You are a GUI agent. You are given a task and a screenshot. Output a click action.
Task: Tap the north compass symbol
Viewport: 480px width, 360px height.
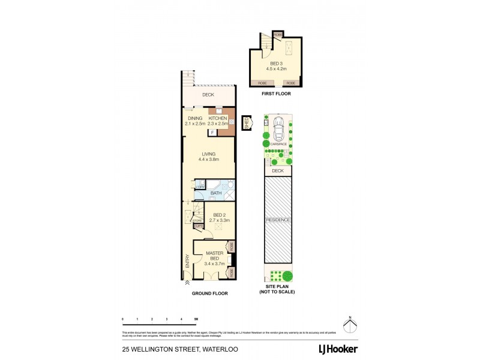pos(351,325)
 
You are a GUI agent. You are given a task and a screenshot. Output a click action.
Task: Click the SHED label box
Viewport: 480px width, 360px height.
pos(247,123)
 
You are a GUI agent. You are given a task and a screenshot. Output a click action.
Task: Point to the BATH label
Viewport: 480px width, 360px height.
pos(216,193)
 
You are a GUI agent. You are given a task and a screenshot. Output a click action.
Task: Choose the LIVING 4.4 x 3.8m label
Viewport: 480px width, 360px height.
pos(209,157)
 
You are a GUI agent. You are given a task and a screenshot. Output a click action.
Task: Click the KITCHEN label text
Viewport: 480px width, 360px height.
pos(218,118)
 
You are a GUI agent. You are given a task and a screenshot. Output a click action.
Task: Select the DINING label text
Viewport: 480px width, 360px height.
pos(195,118)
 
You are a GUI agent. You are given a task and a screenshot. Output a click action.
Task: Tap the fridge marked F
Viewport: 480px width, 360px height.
pos(212,133)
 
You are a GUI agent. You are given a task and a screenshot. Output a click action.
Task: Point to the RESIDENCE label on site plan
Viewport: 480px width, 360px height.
pos(278,220)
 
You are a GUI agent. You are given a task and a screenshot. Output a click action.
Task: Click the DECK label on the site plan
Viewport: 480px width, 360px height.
pos(277,171)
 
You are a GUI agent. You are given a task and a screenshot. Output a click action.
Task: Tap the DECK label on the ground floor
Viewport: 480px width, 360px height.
pos(208,95)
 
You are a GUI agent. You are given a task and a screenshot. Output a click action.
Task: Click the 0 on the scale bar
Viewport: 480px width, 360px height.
pos(122,318)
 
